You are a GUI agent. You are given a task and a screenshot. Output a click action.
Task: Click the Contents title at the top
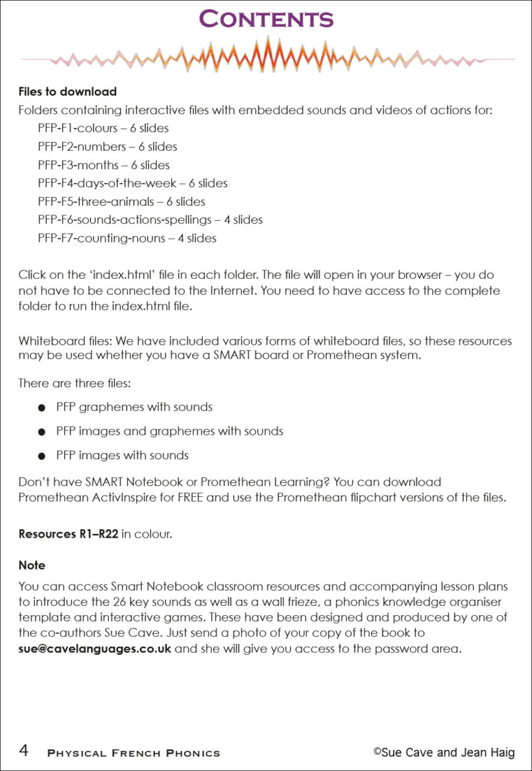[x=266, y=19]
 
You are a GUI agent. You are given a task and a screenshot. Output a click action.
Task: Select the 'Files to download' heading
[x=67, y=92]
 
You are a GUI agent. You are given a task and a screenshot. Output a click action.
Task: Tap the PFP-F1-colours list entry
[x=103, y=128]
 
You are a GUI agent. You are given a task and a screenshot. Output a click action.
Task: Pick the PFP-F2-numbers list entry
[x=107, y=147]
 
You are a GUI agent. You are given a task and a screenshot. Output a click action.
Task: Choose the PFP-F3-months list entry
[x=104, y=165]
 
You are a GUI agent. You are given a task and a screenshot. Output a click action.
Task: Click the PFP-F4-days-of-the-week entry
[x=132, y=183]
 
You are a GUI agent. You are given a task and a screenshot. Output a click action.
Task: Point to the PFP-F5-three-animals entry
[x=121, y=202]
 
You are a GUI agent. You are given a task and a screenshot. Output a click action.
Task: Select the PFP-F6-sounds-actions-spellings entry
[x=150, y=219]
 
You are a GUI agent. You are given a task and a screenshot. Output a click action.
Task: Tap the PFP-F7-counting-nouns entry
[x=127, y=238]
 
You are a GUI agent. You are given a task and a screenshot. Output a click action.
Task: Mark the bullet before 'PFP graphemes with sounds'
[x=42, y=408]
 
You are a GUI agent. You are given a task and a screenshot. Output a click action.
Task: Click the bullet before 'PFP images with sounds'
[x=42, y=456]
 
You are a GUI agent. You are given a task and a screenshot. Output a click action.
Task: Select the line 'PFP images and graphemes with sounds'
[x=170, y=431]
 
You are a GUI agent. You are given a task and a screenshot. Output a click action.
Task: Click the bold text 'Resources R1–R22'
[x=68, y=534]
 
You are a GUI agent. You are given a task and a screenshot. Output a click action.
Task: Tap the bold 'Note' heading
[x=32, y=566]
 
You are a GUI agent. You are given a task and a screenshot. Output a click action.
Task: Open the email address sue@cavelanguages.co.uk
[x=94, y=648]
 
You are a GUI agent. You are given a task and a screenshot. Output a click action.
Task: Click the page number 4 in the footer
[x=24, y=751]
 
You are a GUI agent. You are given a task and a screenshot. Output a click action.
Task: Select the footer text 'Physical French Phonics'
[x=133, y=753]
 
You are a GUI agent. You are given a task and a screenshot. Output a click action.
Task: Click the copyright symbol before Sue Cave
[x=377, y=751]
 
